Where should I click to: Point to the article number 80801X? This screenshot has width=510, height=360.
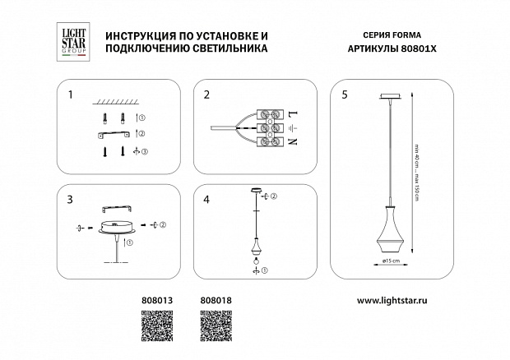coord(418,48)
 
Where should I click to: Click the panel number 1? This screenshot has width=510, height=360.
coord(71,95)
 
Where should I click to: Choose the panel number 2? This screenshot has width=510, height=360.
coord(206,95)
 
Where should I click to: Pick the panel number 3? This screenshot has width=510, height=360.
coord(71,200)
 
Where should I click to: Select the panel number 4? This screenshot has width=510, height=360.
coord(206,200)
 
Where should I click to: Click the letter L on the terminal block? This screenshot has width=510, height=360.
coord(293,111)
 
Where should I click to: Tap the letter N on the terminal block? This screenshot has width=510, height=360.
coord(293,142)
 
